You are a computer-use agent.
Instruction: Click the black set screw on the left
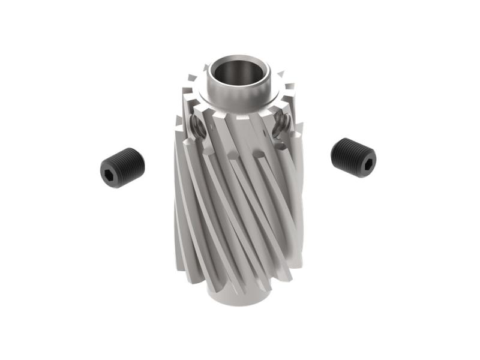pos(121,167)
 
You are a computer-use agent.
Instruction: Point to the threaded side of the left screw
pos(129,163)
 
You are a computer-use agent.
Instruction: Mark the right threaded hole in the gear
pos(282,124)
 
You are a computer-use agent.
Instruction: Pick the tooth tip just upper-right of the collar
pos(280,75)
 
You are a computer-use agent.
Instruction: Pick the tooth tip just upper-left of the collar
pos(192,77)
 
